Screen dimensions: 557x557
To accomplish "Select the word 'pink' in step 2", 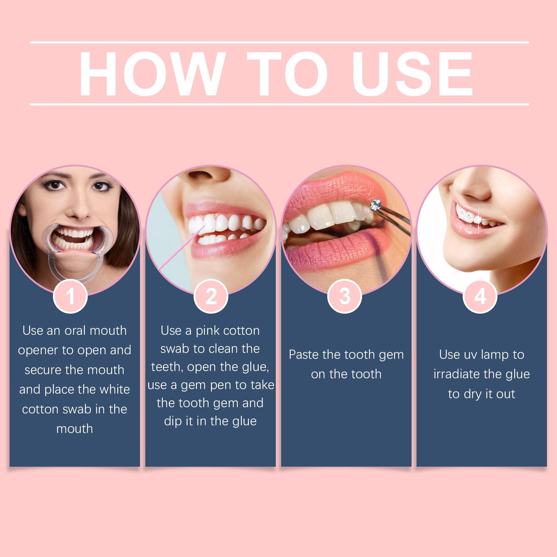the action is (207, 331).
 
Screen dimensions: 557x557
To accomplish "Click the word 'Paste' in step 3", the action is (303, 355).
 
